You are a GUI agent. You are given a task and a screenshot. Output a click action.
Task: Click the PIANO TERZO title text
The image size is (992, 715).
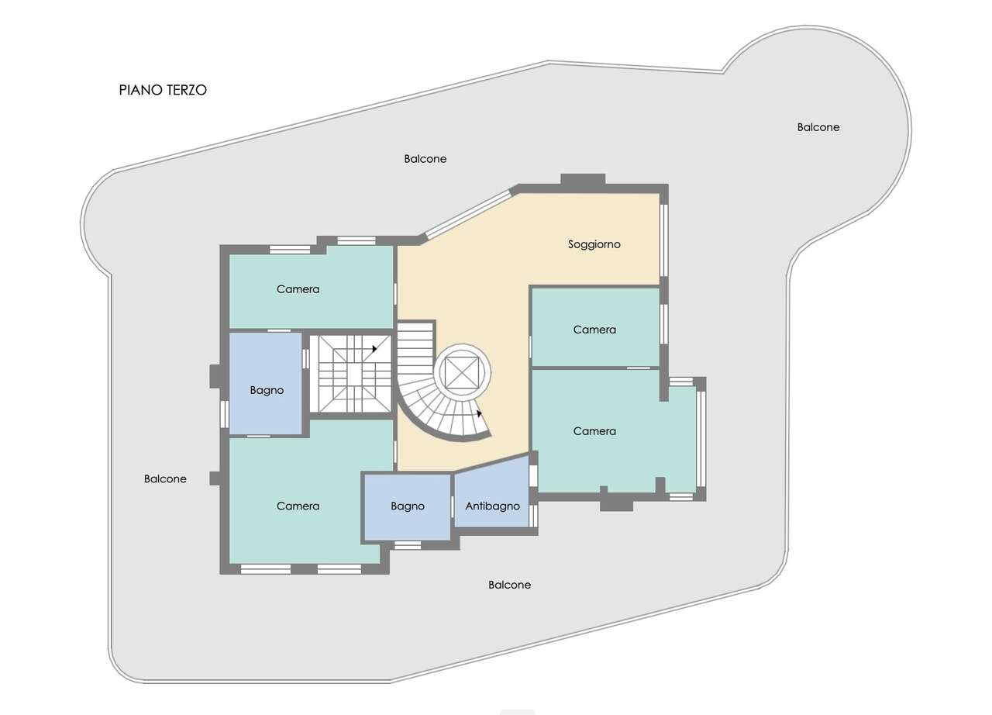(x=163, y=90)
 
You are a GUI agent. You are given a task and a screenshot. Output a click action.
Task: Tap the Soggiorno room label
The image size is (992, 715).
(x=594, y=244)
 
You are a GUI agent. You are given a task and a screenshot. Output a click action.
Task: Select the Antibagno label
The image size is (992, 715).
(x=492, y=506)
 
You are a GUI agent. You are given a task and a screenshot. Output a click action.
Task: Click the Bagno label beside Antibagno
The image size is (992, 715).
(x=408, y=506)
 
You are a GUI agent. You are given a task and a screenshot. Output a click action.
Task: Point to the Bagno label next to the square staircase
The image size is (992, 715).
(x=267, y=390)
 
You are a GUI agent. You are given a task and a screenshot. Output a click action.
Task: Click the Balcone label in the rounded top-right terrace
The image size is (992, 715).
(x=818, y=127)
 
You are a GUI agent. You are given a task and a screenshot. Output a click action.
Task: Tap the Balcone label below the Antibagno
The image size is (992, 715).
(x=509, y=585)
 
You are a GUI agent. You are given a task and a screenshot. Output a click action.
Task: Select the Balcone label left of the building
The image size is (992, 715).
(x=165, y=479)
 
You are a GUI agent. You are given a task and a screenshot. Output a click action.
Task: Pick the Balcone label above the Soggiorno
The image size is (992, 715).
(x=425, y=159)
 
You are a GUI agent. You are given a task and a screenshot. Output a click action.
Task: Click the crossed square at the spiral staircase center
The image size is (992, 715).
(x=462, y=372)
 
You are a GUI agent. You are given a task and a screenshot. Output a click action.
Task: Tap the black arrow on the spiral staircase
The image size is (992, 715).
(x=479, y=413)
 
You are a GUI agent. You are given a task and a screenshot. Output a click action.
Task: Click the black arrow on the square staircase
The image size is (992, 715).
(x=374, y=349)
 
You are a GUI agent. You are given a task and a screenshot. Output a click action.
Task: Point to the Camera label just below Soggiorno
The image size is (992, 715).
(x=594, y=330)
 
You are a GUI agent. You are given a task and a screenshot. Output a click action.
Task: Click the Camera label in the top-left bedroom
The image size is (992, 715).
(x=298, y=289)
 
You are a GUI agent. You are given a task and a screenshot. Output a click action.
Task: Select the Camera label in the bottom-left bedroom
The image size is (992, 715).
(x=298, y=506)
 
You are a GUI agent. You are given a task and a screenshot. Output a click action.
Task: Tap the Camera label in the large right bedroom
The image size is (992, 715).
(x=594, y=431)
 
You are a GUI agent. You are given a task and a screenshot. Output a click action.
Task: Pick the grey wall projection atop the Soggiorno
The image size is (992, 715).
(x=583, y=178)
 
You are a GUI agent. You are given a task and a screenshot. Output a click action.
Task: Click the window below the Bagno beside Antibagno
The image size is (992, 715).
(x=408, y=545)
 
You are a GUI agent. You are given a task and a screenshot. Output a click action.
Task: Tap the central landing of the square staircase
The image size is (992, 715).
(x=354, y=374)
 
